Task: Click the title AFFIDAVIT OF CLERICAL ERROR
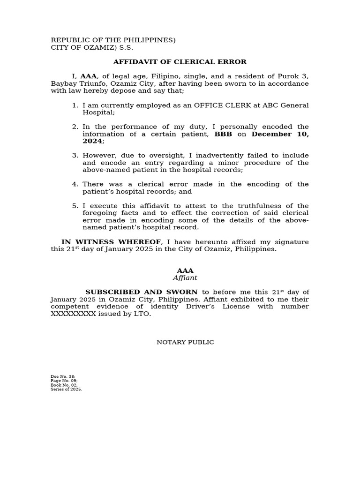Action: pos(180,62)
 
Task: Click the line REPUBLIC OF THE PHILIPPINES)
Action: pos(113,40)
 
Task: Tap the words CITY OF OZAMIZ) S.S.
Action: pos(92,48)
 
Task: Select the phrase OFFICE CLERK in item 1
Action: pos(220,105)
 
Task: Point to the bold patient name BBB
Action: pos(223,134)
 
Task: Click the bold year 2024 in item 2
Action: pos(92,141)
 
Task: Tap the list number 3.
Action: pos(75,156)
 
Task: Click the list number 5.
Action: pos(75,206)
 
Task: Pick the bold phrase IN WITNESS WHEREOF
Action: pos(112,242)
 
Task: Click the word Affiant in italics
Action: pos(185,278)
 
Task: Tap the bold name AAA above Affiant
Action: pos(185,270)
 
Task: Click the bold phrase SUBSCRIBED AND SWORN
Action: pos(141,292)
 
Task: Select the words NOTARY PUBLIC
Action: pos(185,342)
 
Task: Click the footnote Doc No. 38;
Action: pos(63,376)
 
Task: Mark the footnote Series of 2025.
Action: pos(66,389)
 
